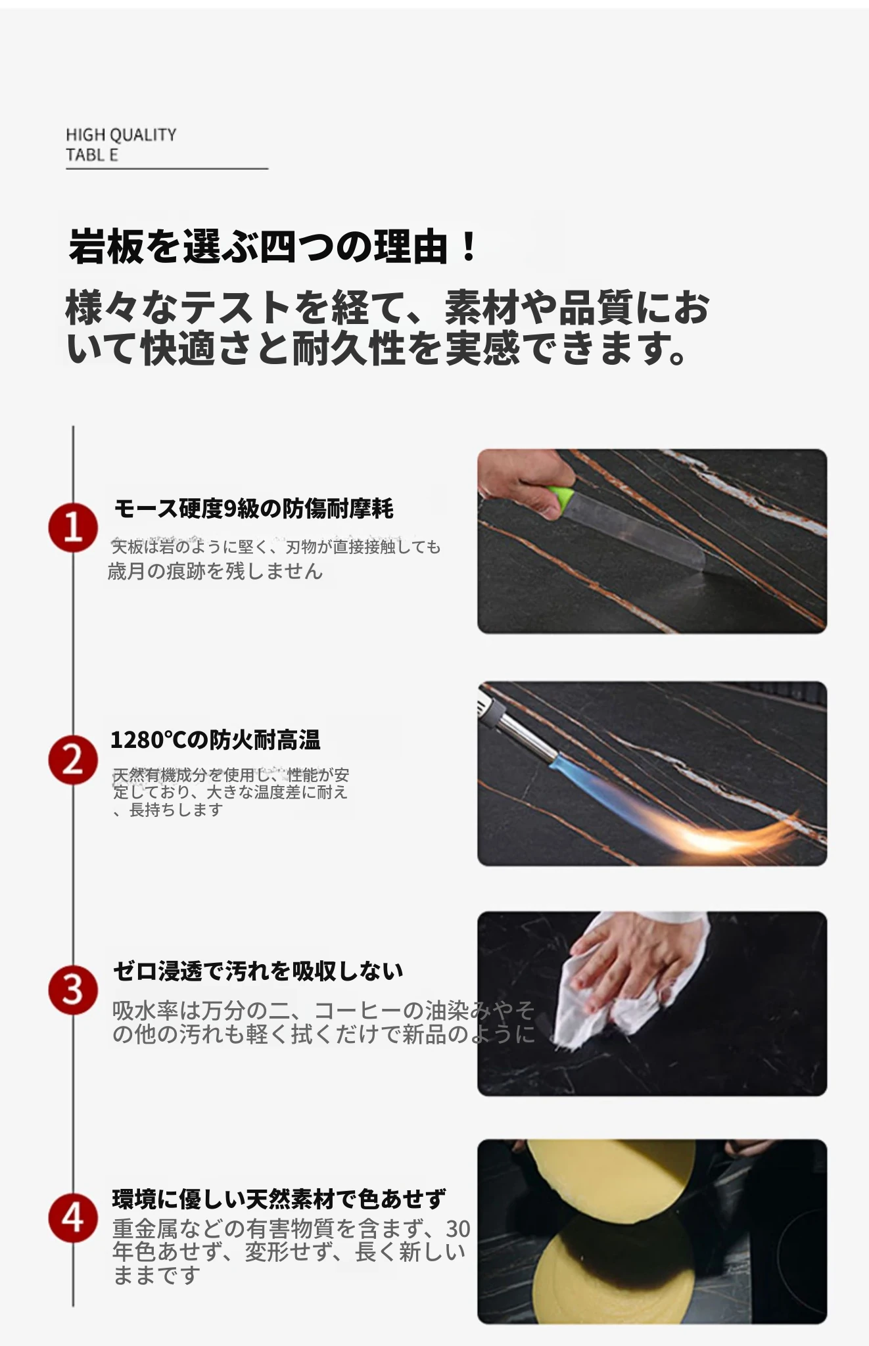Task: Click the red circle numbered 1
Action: point(73,528)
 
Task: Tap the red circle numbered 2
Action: point(73,760)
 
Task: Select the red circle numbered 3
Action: point(73,990)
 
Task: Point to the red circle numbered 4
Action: point(73,1218)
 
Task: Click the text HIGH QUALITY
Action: point(121,135)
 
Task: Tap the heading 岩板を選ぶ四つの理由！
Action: point(273,246)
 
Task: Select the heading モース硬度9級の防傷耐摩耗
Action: point(254,509)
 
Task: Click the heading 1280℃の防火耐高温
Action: point(216,740)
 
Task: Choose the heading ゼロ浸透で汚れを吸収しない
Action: point(258,971)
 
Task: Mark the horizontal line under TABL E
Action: point(167,169)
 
